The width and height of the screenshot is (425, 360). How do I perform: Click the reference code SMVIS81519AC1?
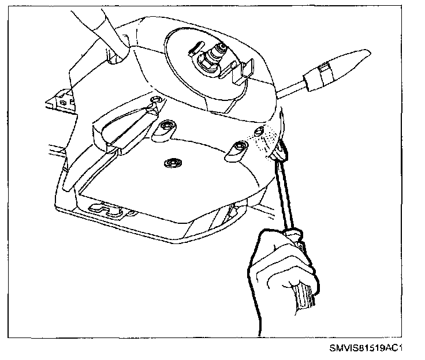[x=366, y=348]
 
